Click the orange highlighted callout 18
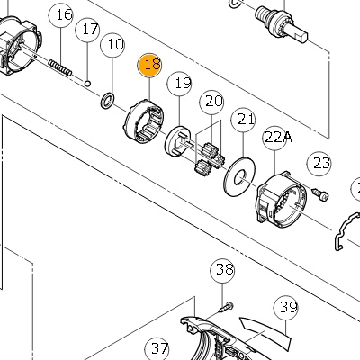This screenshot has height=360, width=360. pyautogui.click(x=149, y=66)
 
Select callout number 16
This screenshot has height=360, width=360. pyautogui.click(x=61, y=15)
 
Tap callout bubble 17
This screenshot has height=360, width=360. pyautogui.click(x=88, y=30)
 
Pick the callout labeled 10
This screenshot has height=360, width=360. pyautogui.click(x=112, y=45)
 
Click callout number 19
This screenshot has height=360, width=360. pyautogui.click(x=180, y=84)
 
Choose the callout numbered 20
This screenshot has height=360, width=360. pyautogui.click(x=211, y=103)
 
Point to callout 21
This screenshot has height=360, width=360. pyautogui.click(x=243, y=120)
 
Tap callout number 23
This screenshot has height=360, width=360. pyautogui.click(x=319, y=164)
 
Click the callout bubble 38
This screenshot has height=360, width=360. pyautogui.click(x=222, y=270)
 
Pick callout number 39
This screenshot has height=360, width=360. pyautogui.click(x=286, y=308)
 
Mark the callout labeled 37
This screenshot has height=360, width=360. pyautogui.click(x=157, y=348)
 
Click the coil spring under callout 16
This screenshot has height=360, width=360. pyautogui.click(x=60, y=67)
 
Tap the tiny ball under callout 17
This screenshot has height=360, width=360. pyautogui.click(x=87, y=83)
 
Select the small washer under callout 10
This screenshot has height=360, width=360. pyautogui.click(x=107, y=101)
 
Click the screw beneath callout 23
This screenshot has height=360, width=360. pyautogui.click(x=320, y=194)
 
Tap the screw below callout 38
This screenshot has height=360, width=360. pyautogui.click(x=225, y=308)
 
